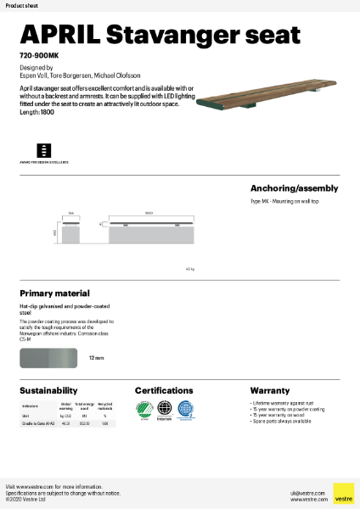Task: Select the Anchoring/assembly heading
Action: tap(294, 188)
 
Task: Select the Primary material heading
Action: tap(54, 294)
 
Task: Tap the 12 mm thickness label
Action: tap(97, 358)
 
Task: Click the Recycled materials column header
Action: tap(104, 407)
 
